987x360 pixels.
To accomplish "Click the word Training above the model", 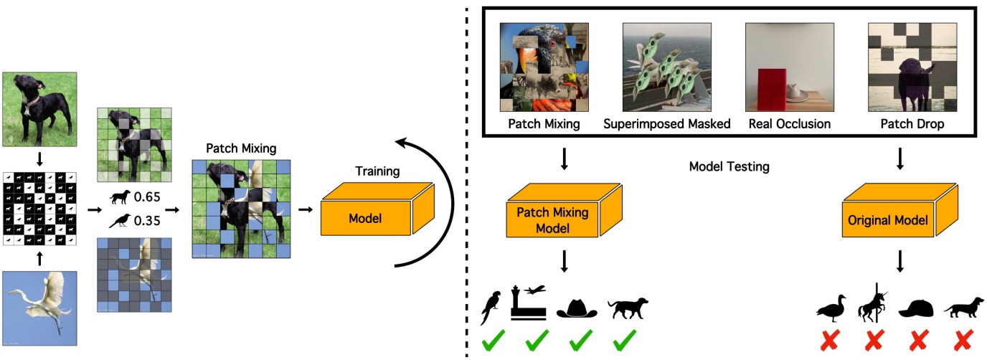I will (x=377, y=172).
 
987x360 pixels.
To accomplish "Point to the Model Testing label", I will (x=729, y=167).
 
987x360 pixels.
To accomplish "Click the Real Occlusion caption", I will (x=789, y=123).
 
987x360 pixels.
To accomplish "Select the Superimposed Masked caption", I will (x=666, y=123).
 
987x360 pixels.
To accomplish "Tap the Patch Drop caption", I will (x=902, y=123).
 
